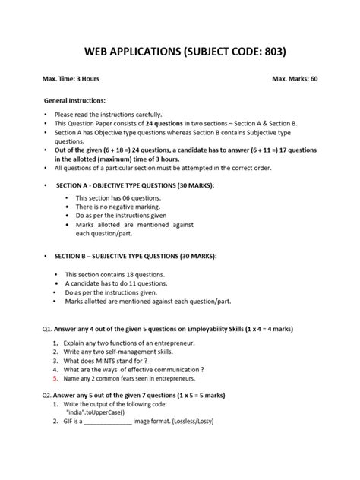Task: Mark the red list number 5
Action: (x=55, y=377)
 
